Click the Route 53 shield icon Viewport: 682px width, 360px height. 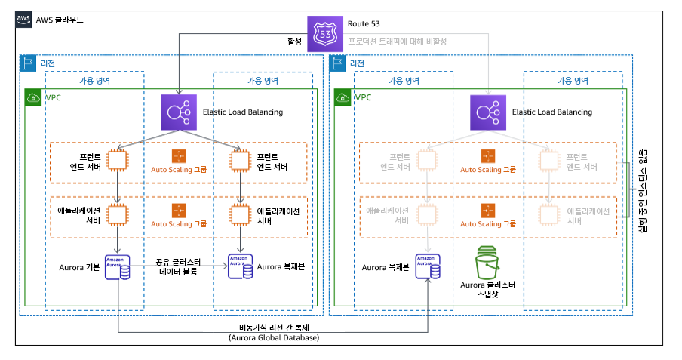325,34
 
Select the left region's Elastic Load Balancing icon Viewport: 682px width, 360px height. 179,112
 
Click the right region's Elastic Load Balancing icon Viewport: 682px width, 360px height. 488,112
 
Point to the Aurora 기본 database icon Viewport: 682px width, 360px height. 118,267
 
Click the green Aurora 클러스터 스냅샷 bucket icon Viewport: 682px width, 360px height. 488,265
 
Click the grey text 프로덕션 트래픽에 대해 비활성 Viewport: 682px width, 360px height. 397,41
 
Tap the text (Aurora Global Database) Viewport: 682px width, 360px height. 272,338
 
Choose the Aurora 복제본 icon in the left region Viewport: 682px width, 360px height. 240,267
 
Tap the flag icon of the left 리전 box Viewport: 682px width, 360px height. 28,63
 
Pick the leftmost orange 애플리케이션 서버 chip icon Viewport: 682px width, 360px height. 118,215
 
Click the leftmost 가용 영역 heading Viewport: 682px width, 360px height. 94,80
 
